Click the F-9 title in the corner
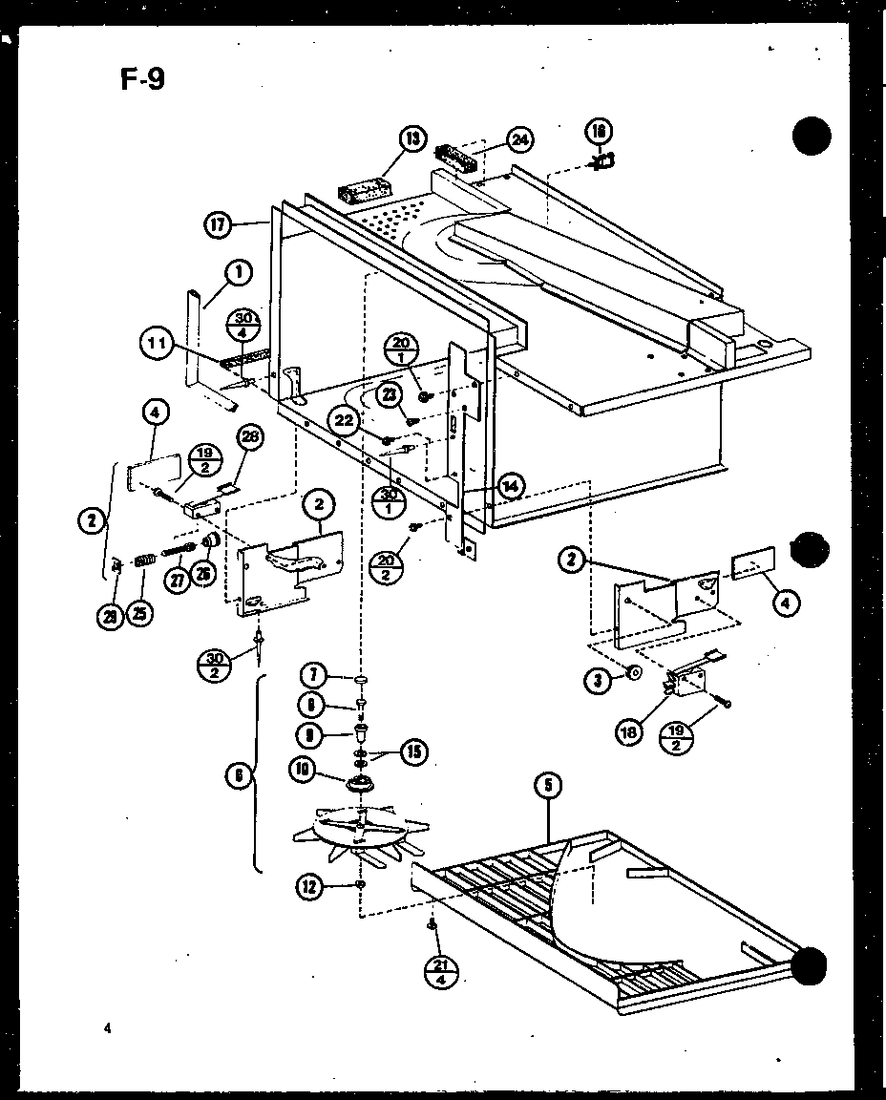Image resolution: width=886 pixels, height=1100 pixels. point(142,78)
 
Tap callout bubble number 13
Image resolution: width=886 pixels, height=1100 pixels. point(412,141)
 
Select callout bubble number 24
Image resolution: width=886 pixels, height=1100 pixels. point(519,140)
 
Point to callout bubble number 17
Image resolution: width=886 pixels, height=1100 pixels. point(218,225)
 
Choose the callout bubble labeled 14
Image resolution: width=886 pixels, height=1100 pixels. point(511,485)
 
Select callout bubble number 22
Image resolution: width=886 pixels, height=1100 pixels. point(345,418)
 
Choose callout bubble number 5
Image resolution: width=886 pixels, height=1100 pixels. point(548,788)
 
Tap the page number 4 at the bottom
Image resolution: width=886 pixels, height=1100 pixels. point(109,1029)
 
